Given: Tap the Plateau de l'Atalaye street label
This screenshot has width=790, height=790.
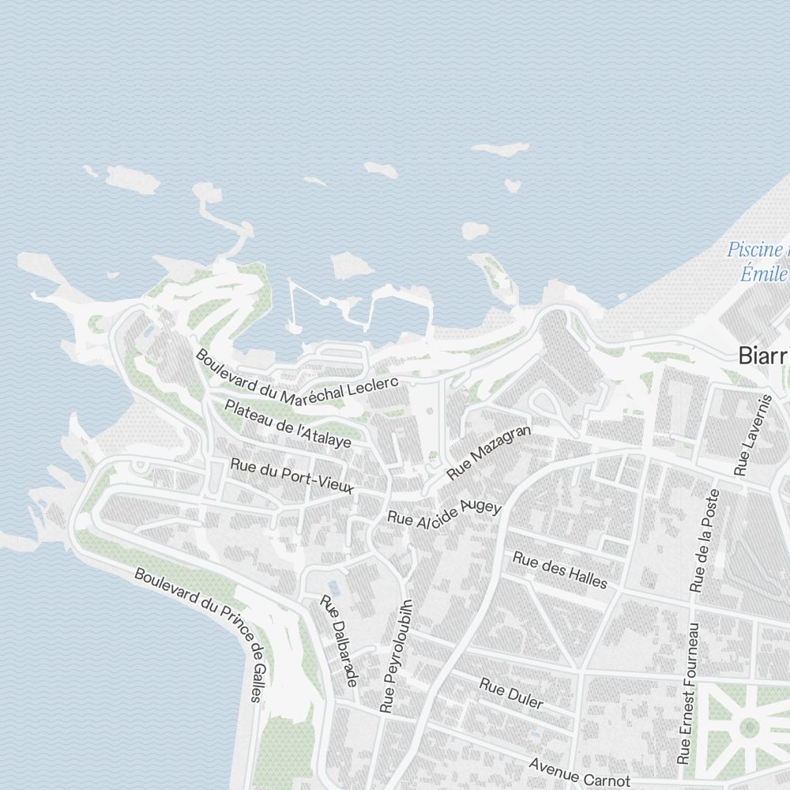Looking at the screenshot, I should pyautogui.click(x=288, y=423).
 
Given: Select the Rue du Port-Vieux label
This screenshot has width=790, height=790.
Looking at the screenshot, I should pyautogui.click(x=292, y=476).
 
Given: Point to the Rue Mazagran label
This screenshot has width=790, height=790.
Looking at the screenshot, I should pyautogui.click(x=489, y=453).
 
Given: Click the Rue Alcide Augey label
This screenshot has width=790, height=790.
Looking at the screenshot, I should pyautogui.click(x=444, y=514).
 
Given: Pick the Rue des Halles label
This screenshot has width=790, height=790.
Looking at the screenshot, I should pyautogui.click(x=560, y=570).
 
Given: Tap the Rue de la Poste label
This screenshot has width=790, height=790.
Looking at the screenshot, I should pyautogui.click(x=705, y=540).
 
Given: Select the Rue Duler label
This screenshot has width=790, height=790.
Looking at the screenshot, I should pyautogui.click(x=511, y=692).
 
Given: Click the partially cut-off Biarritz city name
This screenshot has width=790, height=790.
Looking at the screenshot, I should pyautogui.click(x=763, y=355).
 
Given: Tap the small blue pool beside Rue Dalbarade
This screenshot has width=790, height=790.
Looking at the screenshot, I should pyautogui.click(x=333, y=588).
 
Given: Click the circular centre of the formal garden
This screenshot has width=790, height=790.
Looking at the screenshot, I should pyautogui.click(x=748, y=728).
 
